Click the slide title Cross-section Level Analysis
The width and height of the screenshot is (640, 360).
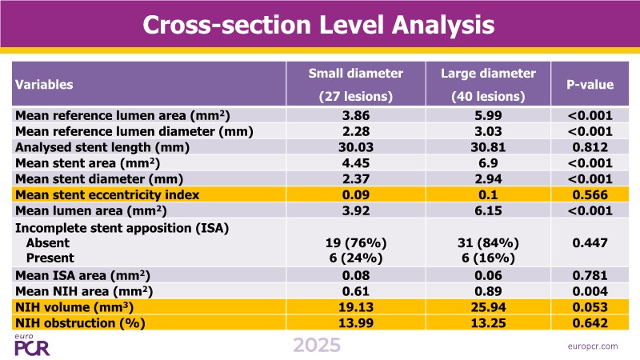point(318,25)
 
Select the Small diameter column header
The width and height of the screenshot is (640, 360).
point(356,84)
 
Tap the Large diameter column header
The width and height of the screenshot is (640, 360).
point(490,84)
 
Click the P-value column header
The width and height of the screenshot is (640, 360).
point(590,84)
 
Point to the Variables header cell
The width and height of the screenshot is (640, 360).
point(45,84)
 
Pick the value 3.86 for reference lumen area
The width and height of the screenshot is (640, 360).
point(356,115)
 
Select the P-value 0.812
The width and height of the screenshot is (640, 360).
point(590,147)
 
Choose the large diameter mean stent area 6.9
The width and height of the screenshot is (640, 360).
point(490,162)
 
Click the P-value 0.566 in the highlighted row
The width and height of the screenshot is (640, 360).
point(590,194)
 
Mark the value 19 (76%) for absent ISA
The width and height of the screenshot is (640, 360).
point(356,242)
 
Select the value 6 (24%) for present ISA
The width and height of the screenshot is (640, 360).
point(356,257)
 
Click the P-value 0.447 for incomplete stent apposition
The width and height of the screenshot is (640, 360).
point(590,242)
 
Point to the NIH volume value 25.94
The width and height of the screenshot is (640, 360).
point(490,307)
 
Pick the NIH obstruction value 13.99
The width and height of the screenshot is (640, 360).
point(356,322)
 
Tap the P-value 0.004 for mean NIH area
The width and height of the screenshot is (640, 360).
point(590,291)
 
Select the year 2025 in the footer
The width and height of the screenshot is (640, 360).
point(317,346)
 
